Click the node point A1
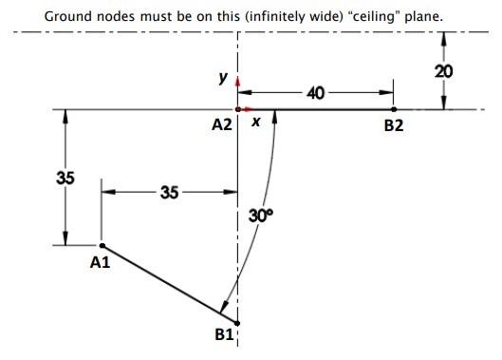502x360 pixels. coord(102,246)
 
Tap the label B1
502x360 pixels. coord(223,334)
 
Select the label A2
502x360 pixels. coord(222,124)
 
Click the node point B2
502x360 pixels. coord(394,109)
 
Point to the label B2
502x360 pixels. coord(394,125)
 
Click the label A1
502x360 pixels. coord(100,262)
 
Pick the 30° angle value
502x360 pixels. coord(260,216)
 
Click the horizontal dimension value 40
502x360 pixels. coord(316,93)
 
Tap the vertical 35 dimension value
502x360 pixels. coord(65,178)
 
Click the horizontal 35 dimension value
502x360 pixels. coord(169,192)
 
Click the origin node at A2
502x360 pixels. coord(237,109)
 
